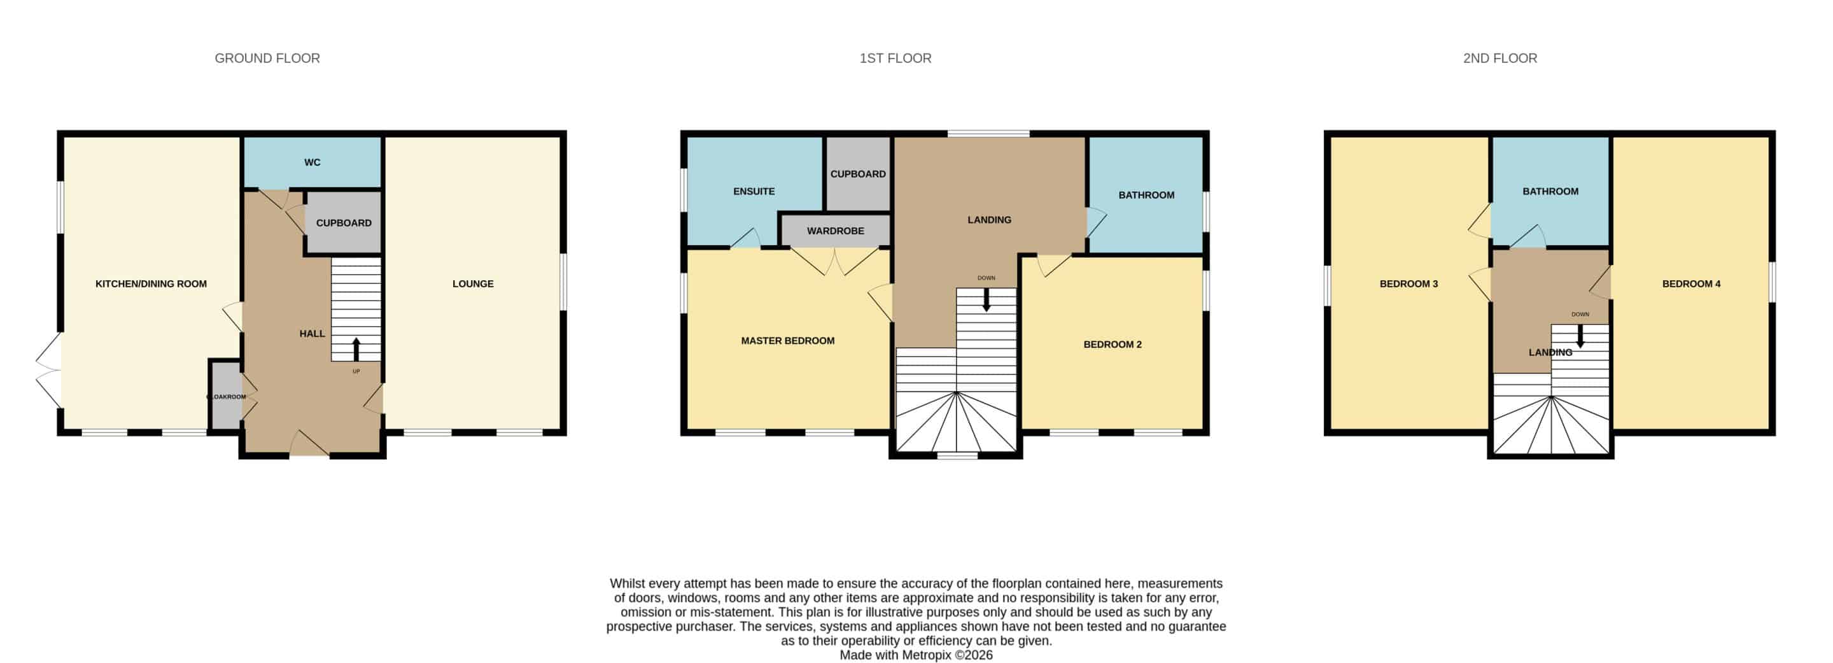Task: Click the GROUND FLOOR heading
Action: point(267,59)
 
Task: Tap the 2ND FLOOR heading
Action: point(1500,59)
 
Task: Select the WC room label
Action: point(313,162)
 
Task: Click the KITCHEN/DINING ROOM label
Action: point(151,283)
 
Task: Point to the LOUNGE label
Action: point(473,283)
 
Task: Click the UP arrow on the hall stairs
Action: point(356,349)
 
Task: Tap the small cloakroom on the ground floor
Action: point(227,396)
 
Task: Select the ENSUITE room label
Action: point(754,191)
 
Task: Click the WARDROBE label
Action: point(836,231)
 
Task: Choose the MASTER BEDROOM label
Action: point(788,340)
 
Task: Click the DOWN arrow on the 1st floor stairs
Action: point(987,299)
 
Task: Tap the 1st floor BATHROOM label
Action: point(1146,194)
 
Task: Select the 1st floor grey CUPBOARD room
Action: point(858,174)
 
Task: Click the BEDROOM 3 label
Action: point(1409,283)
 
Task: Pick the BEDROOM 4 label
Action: point(1692,283)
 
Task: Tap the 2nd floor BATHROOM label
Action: point(1550,191)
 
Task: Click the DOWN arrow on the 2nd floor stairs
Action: point(1580,336)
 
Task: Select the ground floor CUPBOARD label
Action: point(344,223)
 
